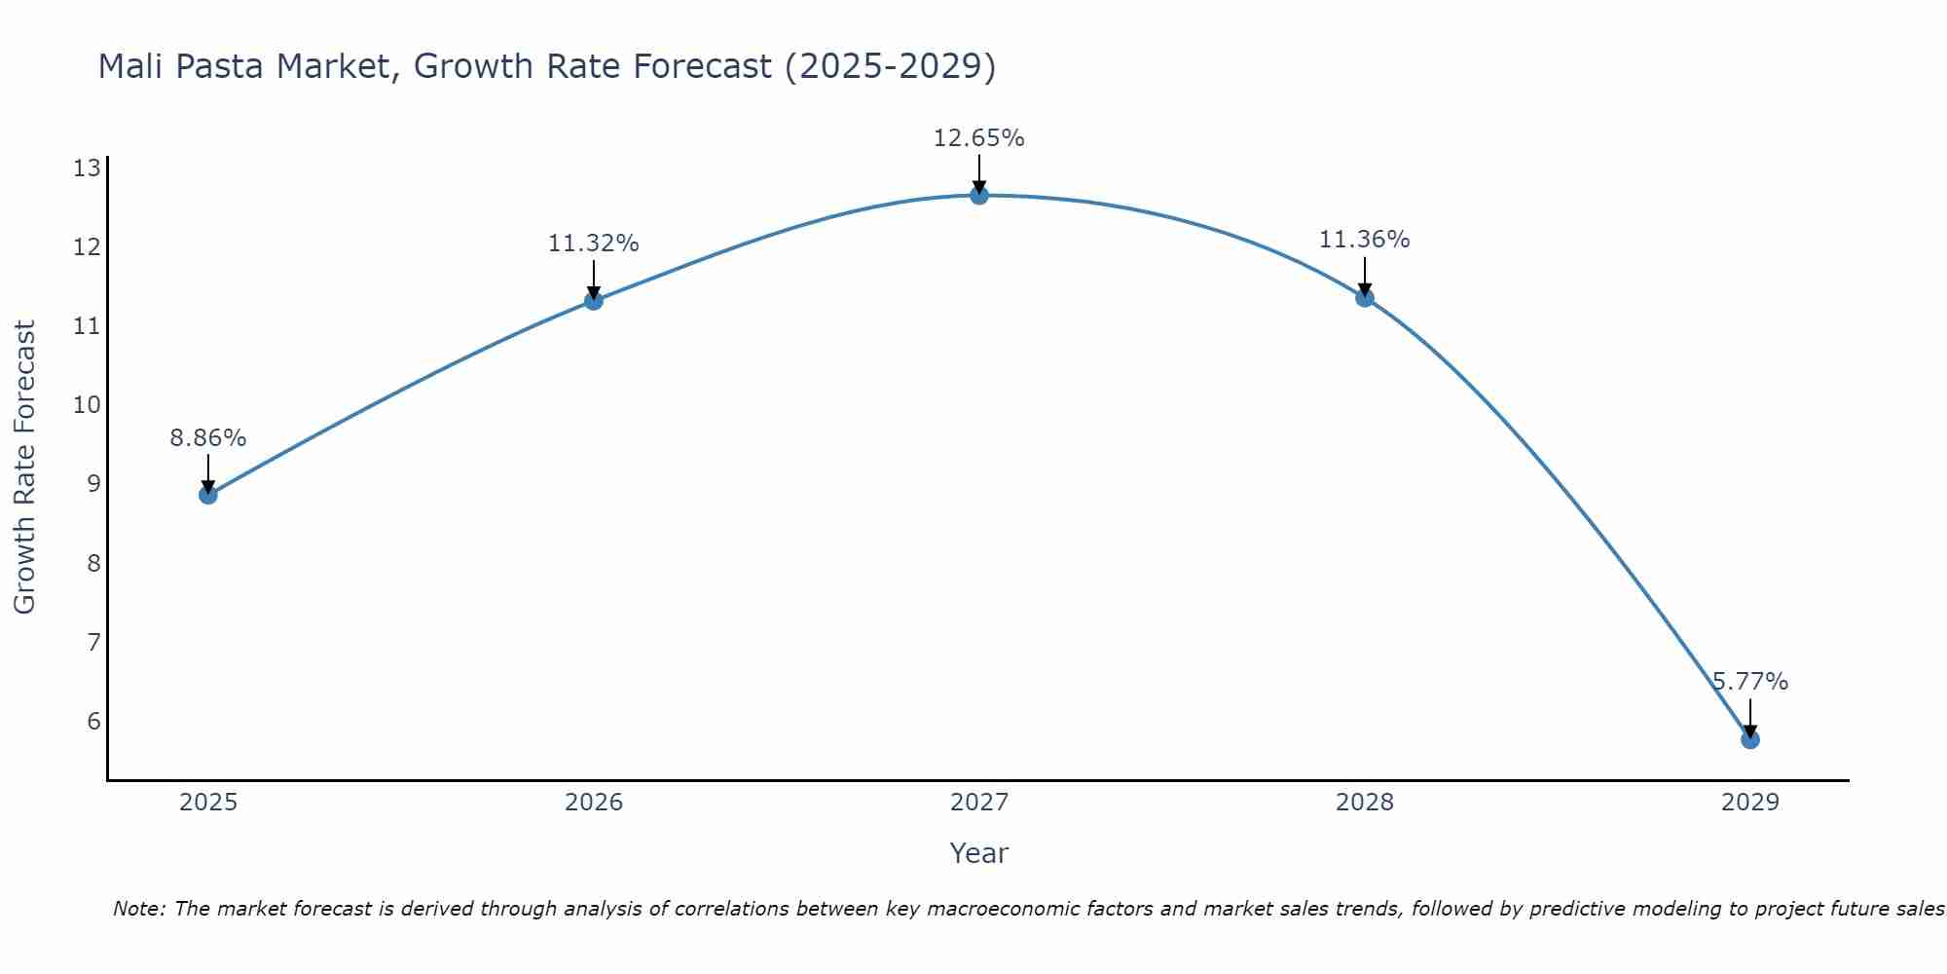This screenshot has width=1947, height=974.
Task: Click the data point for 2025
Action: click(208, 495)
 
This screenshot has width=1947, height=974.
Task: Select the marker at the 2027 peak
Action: click(979, 196)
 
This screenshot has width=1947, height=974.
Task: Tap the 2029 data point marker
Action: click(1749, 739)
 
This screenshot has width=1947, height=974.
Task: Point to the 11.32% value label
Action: click(593, 243)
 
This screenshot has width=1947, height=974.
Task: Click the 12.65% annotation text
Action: click(978, 138)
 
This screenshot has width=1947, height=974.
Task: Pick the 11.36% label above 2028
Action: click(1364, 240)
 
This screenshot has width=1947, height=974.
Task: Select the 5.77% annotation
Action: click(1749, 682)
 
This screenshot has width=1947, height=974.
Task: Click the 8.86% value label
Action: click(208, 438)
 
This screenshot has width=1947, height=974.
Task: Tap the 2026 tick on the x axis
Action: click(594, 803)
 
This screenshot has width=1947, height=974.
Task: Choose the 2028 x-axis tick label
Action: click(1364, 803)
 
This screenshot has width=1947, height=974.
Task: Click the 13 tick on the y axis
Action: click(87, 169)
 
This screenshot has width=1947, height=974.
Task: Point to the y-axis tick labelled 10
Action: click(87, 405)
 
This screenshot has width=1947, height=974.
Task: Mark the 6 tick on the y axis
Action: click(93, 721)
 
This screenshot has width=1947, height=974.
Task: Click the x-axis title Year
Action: click(978, 853)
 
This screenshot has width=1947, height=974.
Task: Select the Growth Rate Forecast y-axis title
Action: click(25, 468)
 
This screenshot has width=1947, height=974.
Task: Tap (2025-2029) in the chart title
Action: click(890, 66)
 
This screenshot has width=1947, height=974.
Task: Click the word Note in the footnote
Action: click(139, 909)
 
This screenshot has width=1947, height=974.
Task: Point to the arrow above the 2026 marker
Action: click(594, 280)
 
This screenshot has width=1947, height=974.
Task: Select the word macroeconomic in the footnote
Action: click(1051, 909)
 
